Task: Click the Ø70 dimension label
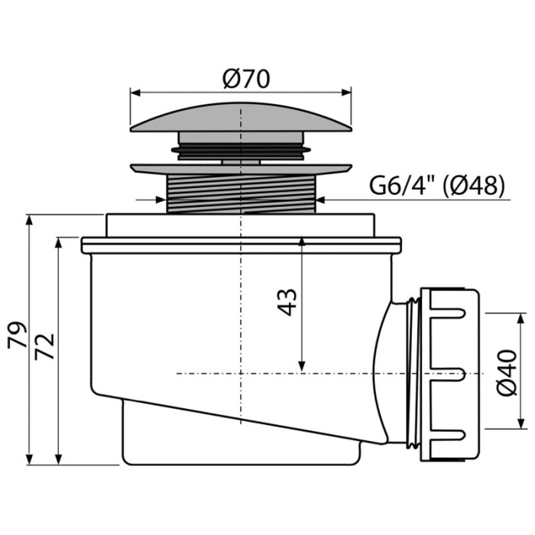[x=246, y=79]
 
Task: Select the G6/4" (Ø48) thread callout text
[x=437, y=186]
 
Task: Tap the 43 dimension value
[x=287, y=303]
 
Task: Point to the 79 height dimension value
[x=17, y=335]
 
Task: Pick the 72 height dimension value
[x=44, y=346]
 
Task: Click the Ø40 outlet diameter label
[x=507, y=373]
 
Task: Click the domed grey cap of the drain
[x=241, y=118]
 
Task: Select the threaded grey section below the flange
[x=242, y=194]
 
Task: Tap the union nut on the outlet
[x=449, y=374]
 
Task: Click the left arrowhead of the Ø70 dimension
[x=135, y=92]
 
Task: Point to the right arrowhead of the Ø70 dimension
[x=346, y=92]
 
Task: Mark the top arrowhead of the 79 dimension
[x=29, y=220]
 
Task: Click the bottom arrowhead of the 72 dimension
[x=59, y=459]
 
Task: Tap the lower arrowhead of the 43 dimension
[x=302, y=366]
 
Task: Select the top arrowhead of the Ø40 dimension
[x=520, y=318]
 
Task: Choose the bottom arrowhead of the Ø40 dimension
[x=520, y=423]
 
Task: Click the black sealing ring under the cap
[x=241, y=150]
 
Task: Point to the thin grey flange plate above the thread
[x=241, y=169]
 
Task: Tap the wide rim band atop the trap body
[x=242, y=245]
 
